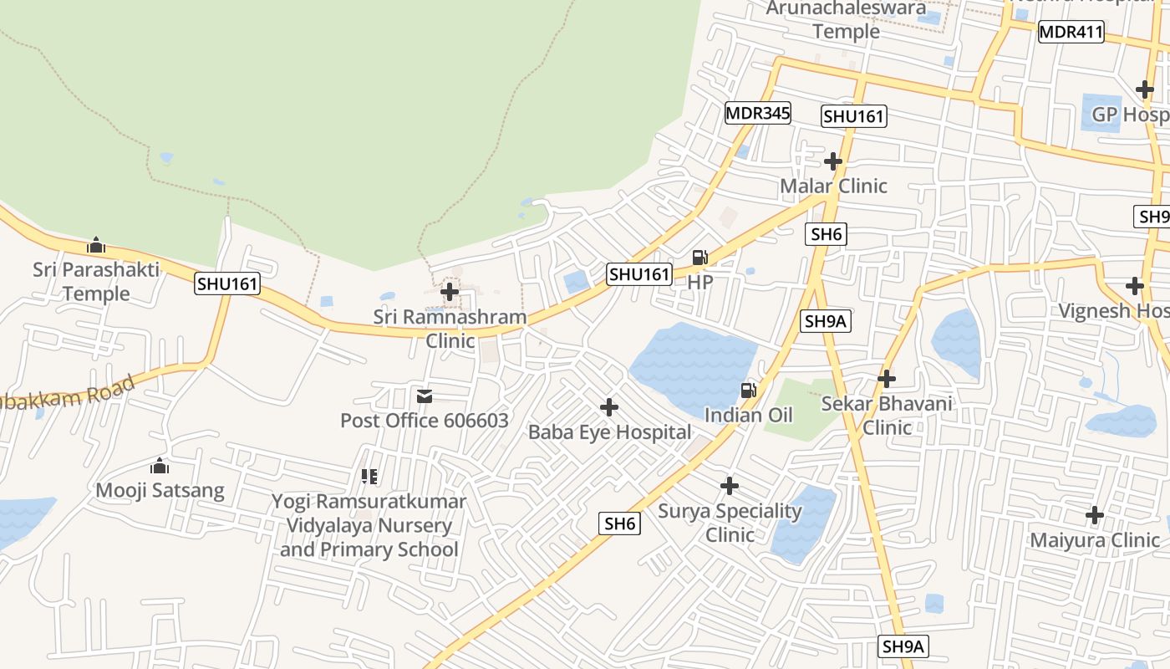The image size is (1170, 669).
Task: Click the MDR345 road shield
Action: click(x=757, y=113)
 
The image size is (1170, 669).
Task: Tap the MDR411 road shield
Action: click(x=1071, y=33)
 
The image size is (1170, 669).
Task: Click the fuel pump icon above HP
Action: click(x=699, y=258)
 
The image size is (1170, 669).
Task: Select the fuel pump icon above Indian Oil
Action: click(x=749, y=390)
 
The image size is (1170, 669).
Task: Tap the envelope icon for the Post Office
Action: click(x=425, y=396)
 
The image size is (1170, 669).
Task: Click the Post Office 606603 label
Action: click(x=424, y=420)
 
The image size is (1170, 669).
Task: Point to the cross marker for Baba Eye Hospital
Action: click(x=609, y=407)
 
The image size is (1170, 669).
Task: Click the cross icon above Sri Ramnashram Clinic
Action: click(x=450, y=292)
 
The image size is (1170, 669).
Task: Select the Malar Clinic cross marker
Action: click(x=832, y=161)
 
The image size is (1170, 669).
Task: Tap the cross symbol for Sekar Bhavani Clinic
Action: click(x=886, y=379)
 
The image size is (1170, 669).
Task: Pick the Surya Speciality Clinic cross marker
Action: click(x=730, y=485)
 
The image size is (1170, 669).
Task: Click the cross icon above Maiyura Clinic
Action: click(x=1094, y=515)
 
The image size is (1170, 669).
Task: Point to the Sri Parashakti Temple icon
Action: click(x=96, y=246)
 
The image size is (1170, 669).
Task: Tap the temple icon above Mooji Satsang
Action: click(x=160, y=466)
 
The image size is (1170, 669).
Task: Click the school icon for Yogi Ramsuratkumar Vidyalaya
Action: click(x=369, y=477)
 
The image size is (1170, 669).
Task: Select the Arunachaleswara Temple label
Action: click(x=846, y=20)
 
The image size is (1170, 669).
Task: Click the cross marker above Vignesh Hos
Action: click(x=1134, y=286)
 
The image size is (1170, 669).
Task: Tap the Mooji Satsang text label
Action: click(x=160, y=490)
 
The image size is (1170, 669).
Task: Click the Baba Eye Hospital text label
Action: click(x=609, y=432)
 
